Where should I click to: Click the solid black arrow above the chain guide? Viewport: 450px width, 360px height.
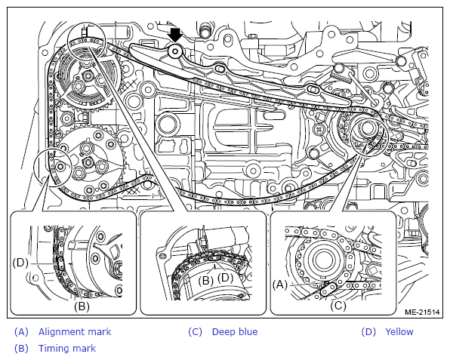(x=176, y=35)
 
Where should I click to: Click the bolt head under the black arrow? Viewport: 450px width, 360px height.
(x=174, y=51)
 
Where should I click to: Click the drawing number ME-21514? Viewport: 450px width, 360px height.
(x=422, y=312)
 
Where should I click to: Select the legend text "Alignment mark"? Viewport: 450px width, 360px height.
(x=75, y=332)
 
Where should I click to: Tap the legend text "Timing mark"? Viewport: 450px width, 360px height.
(x=67, y=348)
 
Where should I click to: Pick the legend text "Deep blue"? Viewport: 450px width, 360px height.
(x=235, y=332)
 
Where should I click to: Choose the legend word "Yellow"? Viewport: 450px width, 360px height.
(x=399, y=332)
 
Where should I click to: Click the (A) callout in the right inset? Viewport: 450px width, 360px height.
(x=280, y=285)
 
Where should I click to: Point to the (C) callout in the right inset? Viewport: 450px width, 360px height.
(x=338, y=306)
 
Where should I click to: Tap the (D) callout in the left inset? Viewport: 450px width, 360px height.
(x=20, y=263)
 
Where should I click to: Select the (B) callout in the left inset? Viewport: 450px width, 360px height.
(x=82, y=306)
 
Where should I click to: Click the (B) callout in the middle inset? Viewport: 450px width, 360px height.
(x=206, y=280)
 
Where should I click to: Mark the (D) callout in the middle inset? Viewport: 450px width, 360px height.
(x=226, y=278)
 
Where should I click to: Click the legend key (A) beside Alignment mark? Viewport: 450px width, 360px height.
(x=22, y=332)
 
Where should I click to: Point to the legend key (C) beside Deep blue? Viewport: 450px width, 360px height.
(x=195, y=332)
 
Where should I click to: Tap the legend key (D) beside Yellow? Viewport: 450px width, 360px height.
(x=368, y=332)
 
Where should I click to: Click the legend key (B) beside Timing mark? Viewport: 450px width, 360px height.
(x=22, y=348)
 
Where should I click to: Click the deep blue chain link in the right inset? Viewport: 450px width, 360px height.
(x=328, y=290)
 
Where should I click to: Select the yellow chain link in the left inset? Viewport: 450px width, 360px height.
(x=61, y=263)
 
